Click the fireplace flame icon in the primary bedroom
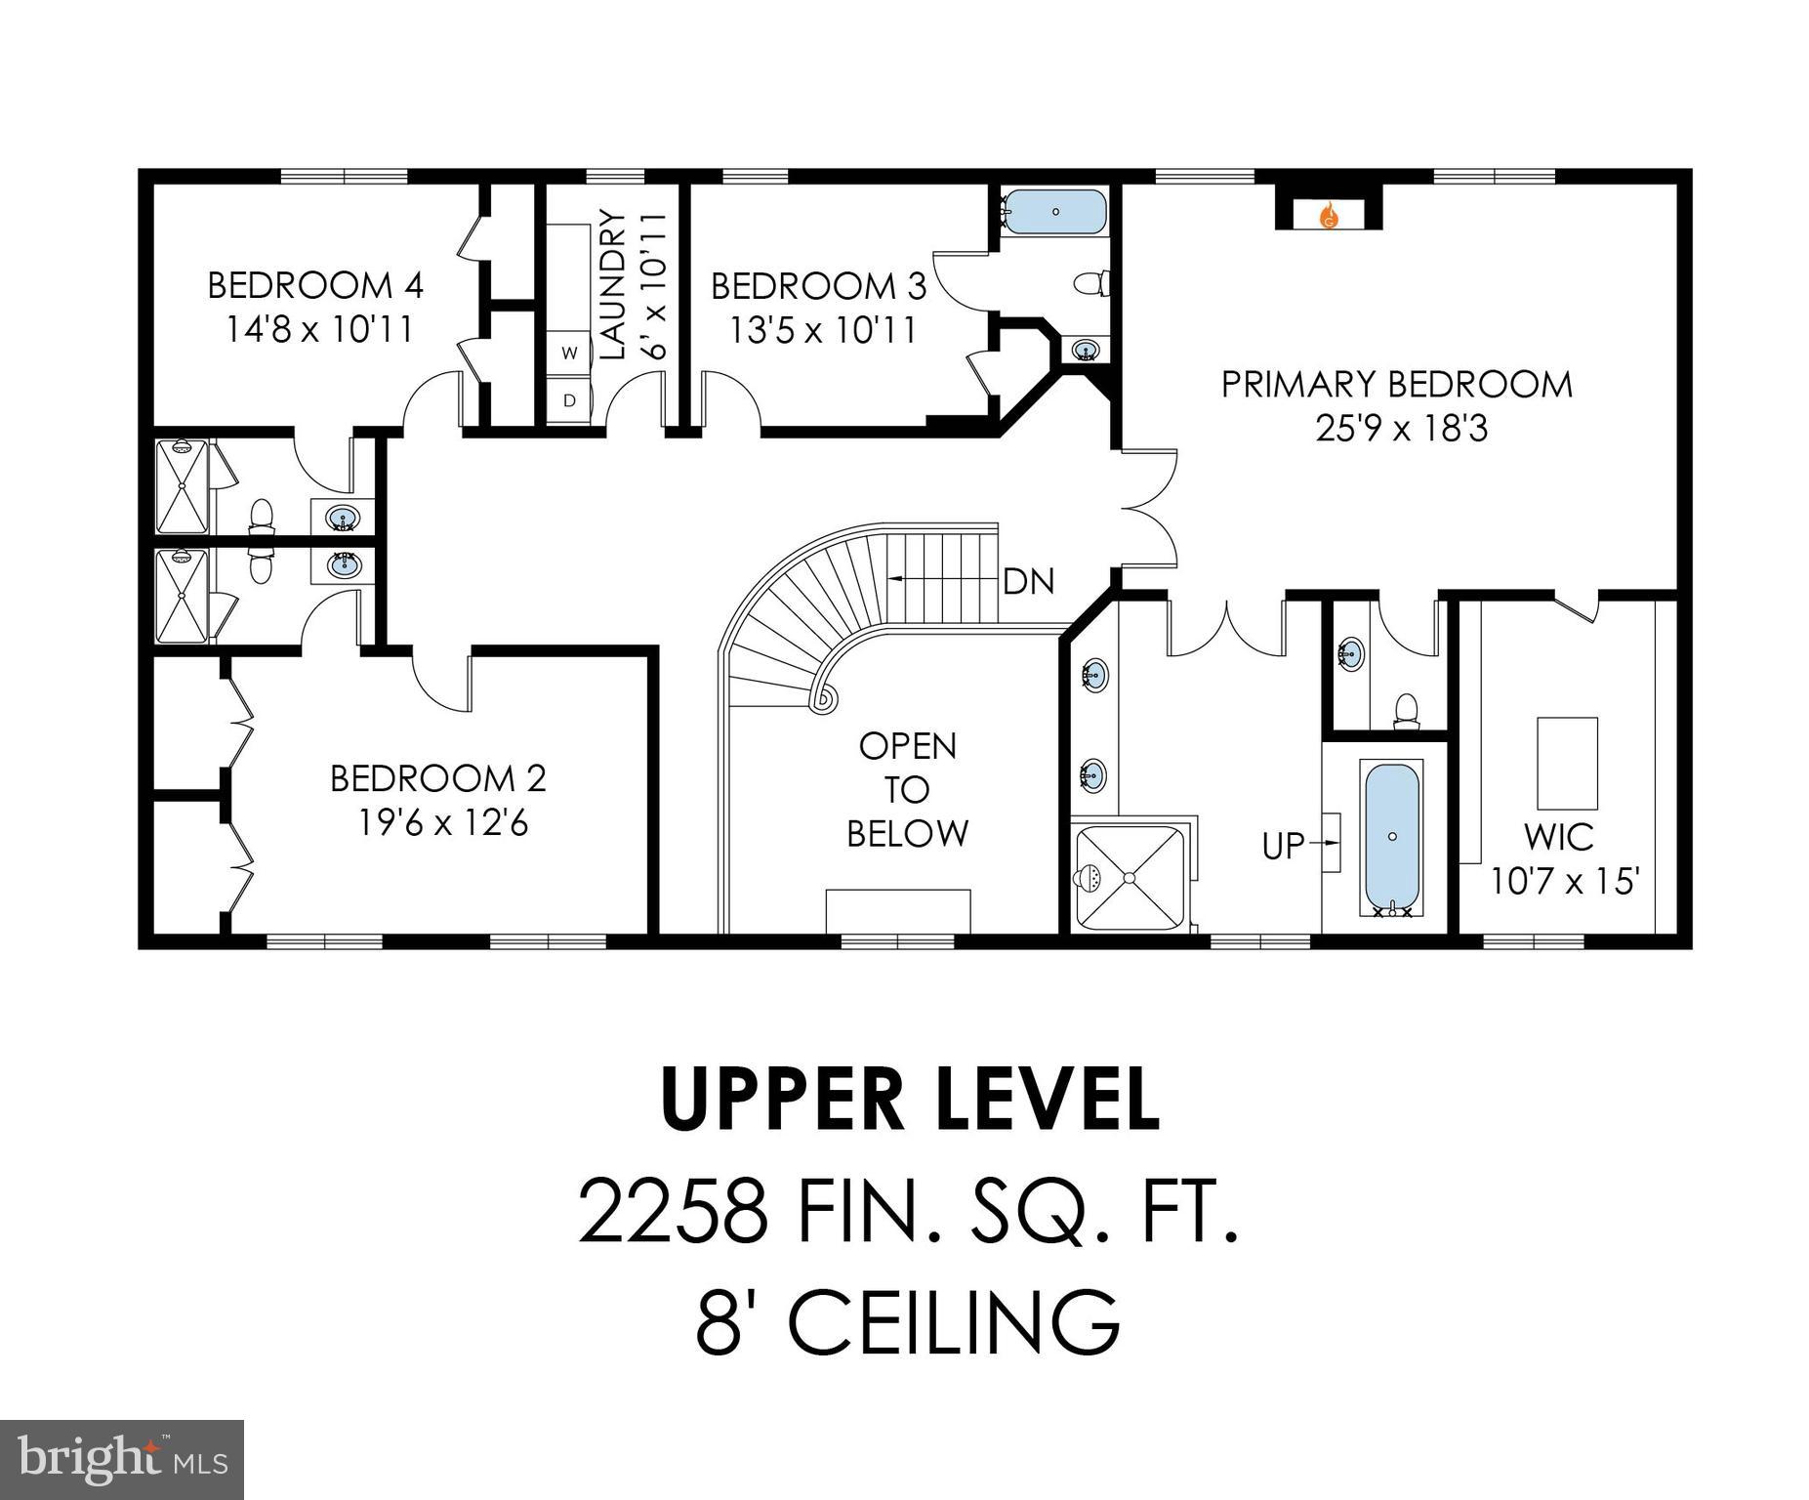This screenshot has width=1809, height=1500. point(1329,217)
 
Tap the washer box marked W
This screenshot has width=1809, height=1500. point(570,353)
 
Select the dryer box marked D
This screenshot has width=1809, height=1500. point(570,400)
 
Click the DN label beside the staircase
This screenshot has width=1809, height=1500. point(1029,582)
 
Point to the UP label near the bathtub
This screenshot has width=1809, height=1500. point(1283,846)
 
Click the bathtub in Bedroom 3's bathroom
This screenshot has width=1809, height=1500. point(1055,210)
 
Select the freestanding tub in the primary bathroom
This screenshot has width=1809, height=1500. point(1392,838)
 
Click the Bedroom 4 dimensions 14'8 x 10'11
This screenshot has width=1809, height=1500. point(319,330)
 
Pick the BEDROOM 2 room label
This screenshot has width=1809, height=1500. point(437,778)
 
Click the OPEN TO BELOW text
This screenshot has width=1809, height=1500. point(907,789)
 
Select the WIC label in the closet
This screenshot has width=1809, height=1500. point(1559,838)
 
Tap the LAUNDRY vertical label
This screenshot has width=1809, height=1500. point(612,284)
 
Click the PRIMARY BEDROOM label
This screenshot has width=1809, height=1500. point(1397,385)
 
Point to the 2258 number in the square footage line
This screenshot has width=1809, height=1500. point(673,1212)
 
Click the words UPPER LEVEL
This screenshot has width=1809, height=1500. point(910,1099)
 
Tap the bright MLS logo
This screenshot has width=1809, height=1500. point(121,1459)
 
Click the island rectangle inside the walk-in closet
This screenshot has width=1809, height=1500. point(1567,763)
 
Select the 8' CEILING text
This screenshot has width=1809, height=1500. point(907,1322)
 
